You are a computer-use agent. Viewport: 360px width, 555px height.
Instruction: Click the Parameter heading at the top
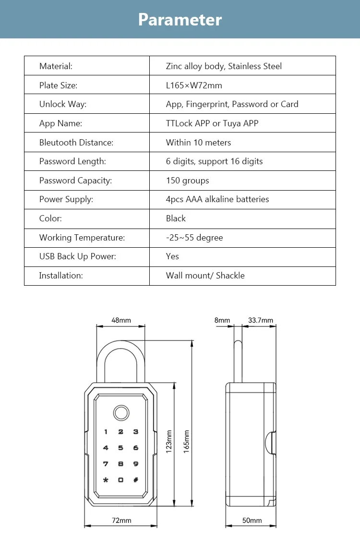(x=180, y=20)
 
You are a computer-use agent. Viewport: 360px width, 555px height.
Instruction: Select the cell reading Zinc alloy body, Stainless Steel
(x=224, y=66)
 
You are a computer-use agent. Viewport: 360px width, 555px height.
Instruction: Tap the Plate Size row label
(x=58, y=85)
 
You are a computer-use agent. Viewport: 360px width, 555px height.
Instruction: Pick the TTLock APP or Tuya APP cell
(x=212, y=123)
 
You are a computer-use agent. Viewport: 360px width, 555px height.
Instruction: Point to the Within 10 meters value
(x=198, y=143)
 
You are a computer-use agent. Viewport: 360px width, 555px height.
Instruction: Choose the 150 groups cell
(x=187, y=181)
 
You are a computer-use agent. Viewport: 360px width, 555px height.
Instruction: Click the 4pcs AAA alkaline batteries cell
(x=217, y=199)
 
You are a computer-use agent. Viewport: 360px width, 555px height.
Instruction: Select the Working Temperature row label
(x=82, y=238)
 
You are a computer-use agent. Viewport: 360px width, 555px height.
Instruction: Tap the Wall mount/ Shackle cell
(x=205, y=276)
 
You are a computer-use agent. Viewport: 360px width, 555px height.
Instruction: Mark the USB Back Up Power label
(x=77, y=256)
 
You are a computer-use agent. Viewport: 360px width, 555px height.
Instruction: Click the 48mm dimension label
(x=121, y=320)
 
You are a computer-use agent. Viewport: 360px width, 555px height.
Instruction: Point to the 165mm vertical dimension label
(x=187, y=441)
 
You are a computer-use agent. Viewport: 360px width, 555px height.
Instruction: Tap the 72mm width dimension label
(x=121, y=520)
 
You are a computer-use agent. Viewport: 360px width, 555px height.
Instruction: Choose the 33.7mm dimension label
(x=260, y=320)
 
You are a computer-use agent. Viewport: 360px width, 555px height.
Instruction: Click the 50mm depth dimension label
(x=252, y=520)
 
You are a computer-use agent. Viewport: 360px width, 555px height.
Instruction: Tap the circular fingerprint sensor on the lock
(x=120, y=413)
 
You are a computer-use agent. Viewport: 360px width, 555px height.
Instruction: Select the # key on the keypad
(x=136, y=480)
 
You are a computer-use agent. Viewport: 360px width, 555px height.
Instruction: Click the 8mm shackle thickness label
(x=222, y=320)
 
